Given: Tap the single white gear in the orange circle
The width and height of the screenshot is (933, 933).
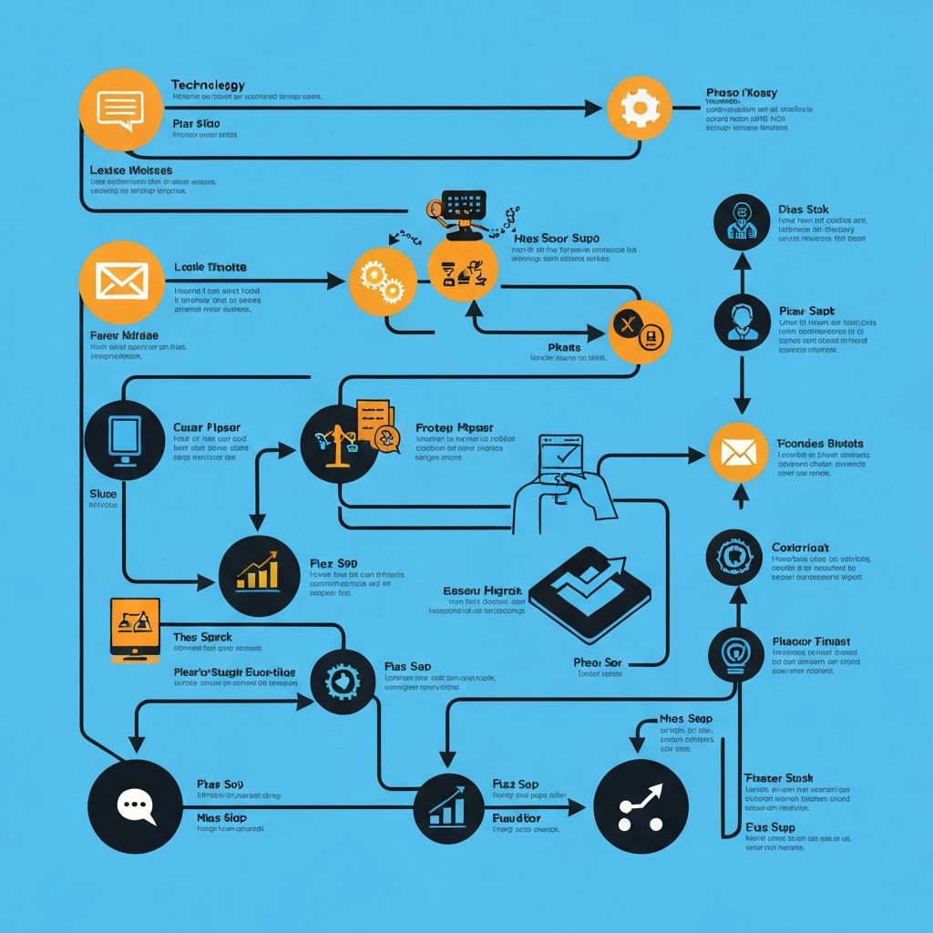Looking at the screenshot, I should click(x=639, y=108).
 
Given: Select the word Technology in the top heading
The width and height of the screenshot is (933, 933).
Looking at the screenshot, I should click(x=208, y=85).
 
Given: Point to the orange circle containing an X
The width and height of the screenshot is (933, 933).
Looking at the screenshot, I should click(x=639, y=332).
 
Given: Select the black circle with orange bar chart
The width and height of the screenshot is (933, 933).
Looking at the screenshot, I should click(x=259, y=576).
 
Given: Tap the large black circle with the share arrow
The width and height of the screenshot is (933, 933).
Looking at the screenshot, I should click(x=640, y=805).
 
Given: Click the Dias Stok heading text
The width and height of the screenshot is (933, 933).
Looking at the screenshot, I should click(x=804, y=210).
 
